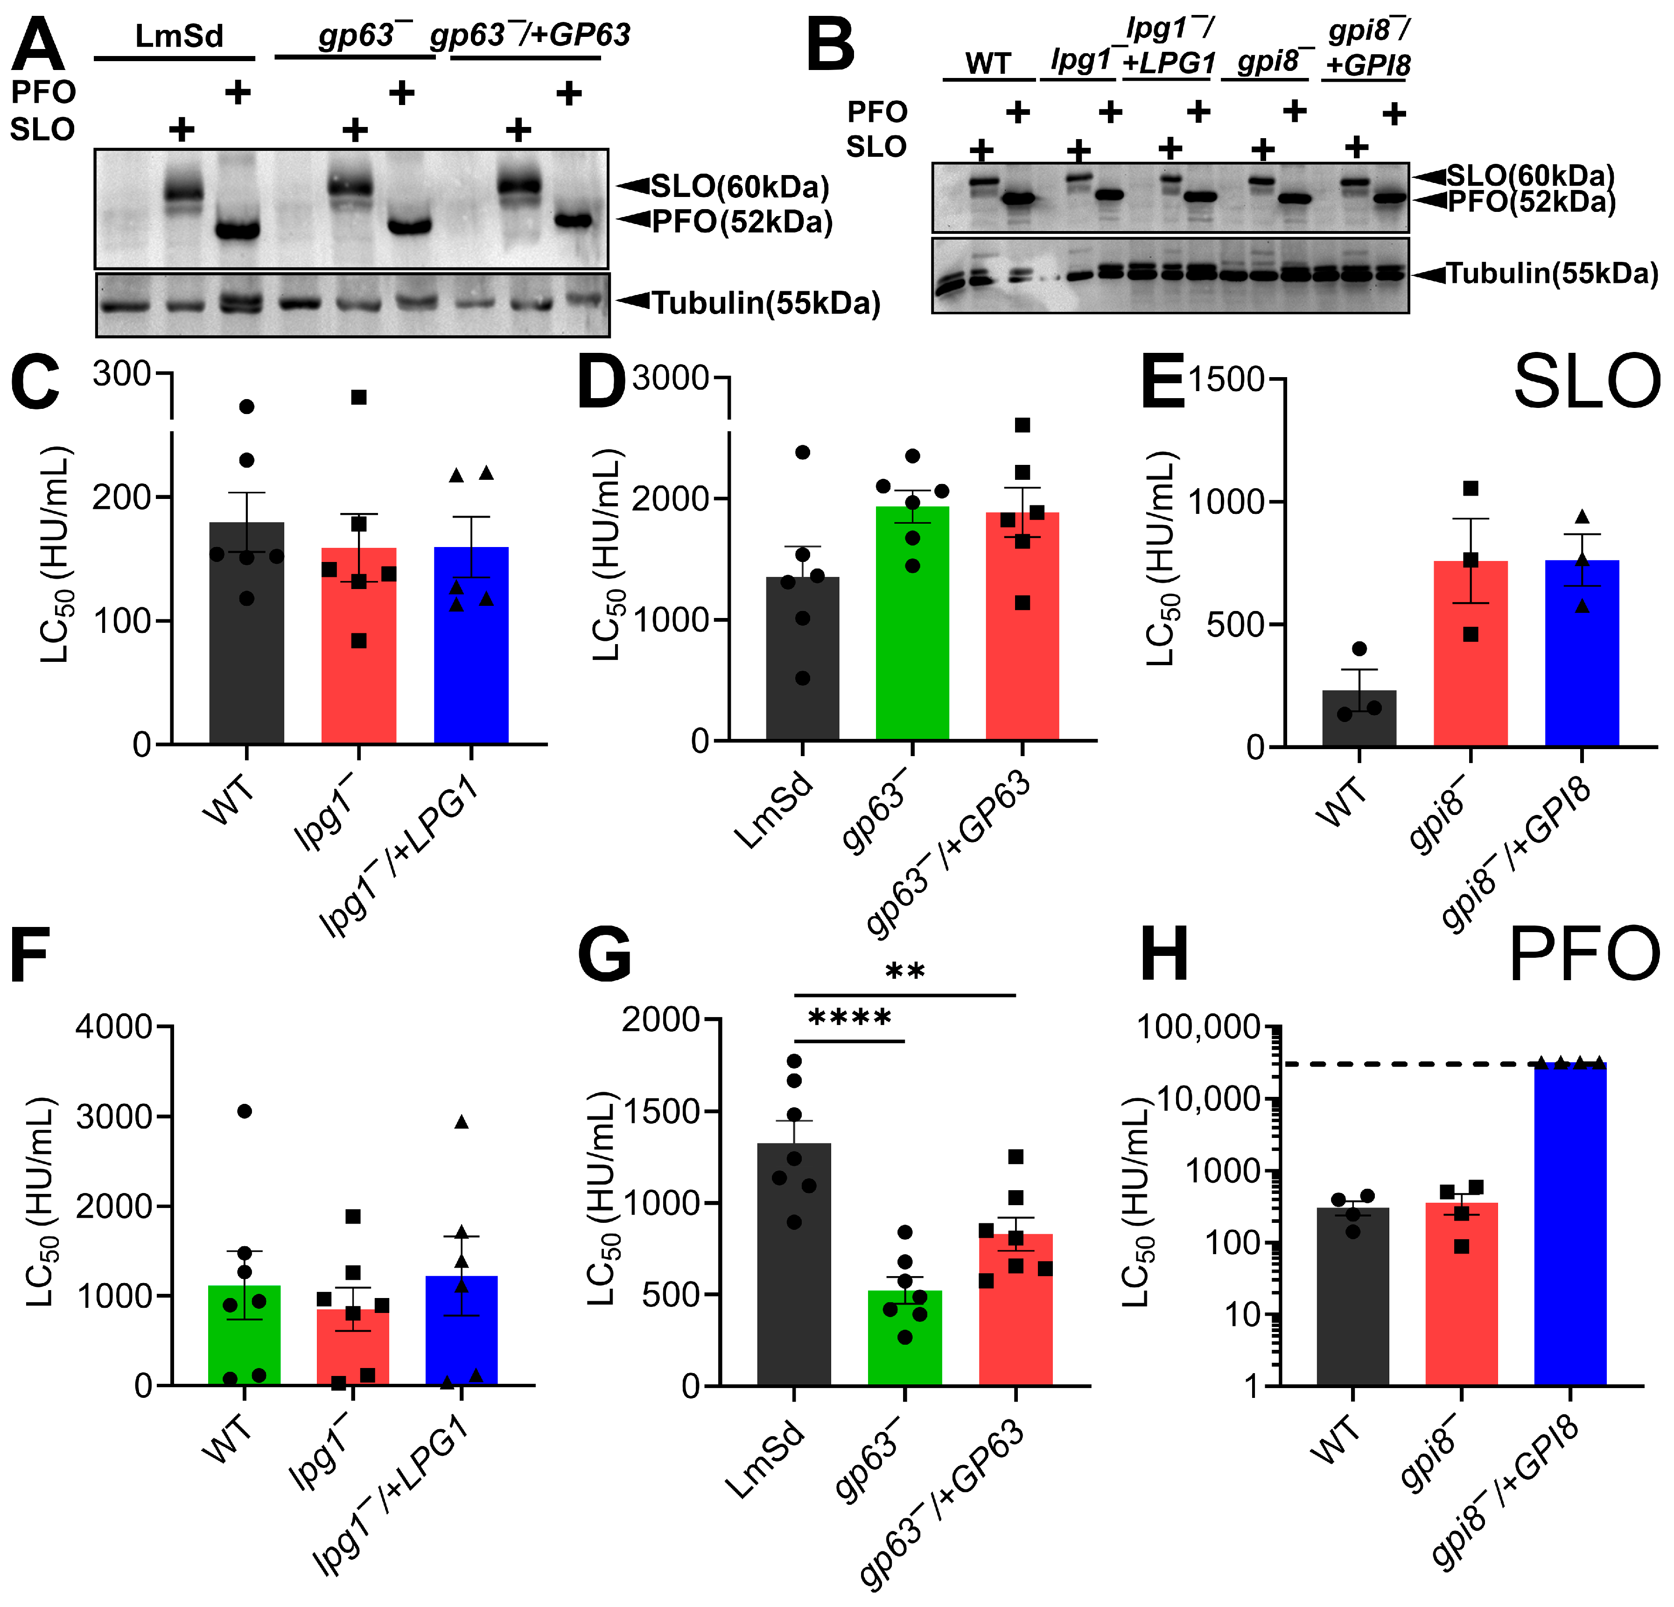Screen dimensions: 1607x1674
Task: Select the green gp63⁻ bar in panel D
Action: point(912,624)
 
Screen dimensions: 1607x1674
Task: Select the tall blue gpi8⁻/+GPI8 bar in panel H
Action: point(1570,1221)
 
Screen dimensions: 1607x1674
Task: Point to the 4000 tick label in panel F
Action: point(113,1026)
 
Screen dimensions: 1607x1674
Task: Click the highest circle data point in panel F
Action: point(244,1111)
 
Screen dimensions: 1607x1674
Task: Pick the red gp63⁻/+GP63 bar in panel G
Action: point(1016,1308)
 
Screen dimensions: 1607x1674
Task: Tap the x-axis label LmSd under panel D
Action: point(773,812)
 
